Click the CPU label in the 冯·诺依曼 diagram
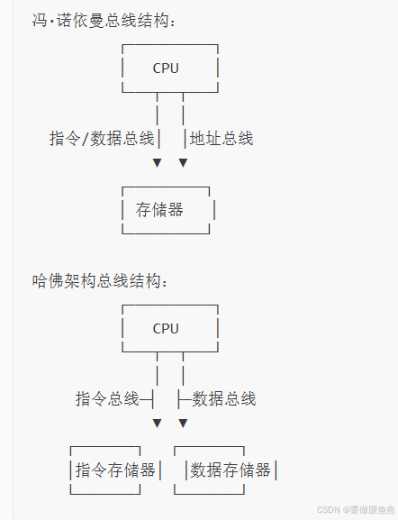pyautogui.click(x=166, y=68)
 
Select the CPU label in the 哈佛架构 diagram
pyautogui.click(x=166, y=329)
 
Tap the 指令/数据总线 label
pyautogui.click(x=102, y=138)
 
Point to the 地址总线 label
pyautogui.click(x=222, y=138)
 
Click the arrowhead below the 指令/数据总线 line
pyautogui.click(x=157, y=163)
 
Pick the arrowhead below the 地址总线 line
pyautogui.click(x=184, y=163)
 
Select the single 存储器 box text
pyautogui.click(x=159, y=210)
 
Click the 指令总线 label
pyautogui.click(x=107, y=398)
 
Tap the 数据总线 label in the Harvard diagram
pyautogui.click(x=224, y=398)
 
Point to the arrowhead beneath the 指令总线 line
pyautogui.click(x=157, y=424)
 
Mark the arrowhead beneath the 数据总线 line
pyautogui.click(x=184, y=424)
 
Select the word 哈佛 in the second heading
pyautogui.click(x=48, y=281)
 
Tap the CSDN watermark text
pyautogui.click(x=328, y=509)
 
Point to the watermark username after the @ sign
pyautogui.click(x=372, y=509)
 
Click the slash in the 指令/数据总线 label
pyautogui.click(x=86, y=139)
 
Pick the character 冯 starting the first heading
pyautogui.click(x=40, y=21)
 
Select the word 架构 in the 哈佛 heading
pyautogui.click(x=80, y=281)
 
